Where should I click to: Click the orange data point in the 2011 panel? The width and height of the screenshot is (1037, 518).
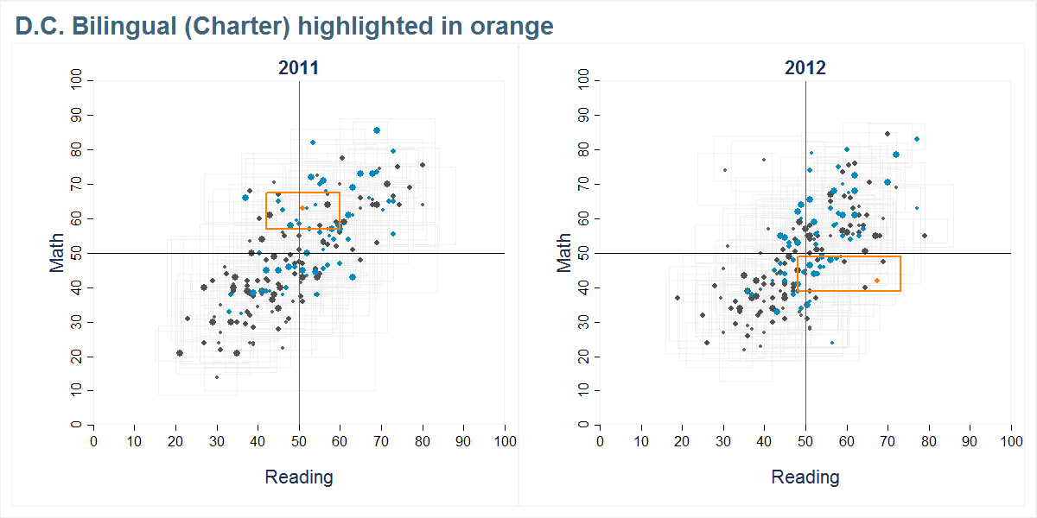click(x=302, y=208)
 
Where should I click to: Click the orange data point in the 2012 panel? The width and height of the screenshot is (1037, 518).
click(x=876, y=281)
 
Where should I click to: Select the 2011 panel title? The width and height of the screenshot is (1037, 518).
click(x=299, y=68)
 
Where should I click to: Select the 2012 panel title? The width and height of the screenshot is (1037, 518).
click(x=805, y=68)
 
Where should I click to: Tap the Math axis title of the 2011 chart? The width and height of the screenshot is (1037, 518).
click(x=58, y=253)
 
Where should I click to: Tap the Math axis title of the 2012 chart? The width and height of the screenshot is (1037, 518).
click(x=564, y=253)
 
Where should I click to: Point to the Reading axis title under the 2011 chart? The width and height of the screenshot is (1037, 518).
click(x=299, y=477)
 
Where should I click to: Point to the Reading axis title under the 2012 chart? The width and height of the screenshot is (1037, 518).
click(x=805, y=477)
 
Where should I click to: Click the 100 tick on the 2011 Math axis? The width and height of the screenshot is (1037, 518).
click(x=78, y=80)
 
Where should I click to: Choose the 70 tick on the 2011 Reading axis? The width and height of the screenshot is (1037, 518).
click(x=381, y=441)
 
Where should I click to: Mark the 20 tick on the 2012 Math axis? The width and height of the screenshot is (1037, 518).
click(x=584, y=357)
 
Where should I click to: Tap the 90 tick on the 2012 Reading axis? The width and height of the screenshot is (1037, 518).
click(x=970, y=441)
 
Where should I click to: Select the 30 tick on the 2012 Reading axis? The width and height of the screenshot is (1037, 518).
click(x=723, y=441)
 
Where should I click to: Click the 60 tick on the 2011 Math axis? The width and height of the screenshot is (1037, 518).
click(x=78, y=218)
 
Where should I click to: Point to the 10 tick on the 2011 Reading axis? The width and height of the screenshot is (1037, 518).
click(x=134, y=441)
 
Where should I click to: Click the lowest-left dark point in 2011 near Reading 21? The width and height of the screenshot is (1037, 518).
click(x=180, y=353)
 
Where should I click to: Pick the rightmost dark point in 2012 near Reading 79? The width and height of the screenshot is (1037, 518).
click(x=925, y=236)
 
